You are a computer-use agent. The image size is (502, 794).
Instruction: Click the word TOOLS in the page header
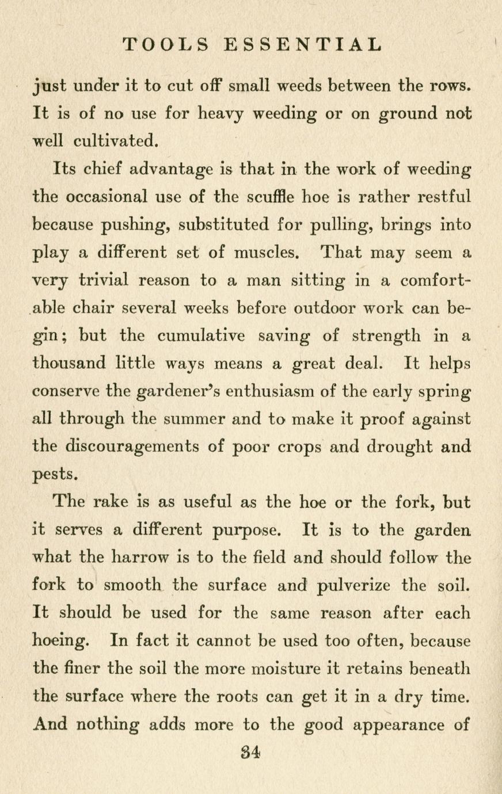pyautogui.click(x=166, y=44)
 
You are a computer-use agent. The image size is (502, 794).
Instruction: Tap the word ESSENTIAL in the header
pyautogui.click(x=302, y=44)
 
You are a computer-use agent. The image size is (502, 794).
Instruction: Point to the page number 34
pyautogui.click(x=252, y=751)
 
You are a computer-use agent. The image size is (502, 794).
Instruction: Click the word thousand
pyautogui.click(x=70, y=363)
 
